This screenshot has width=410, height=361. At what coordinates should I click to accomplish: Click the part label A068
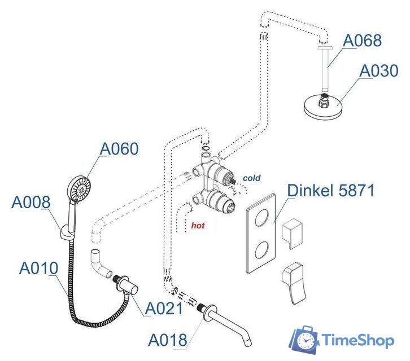point(362,41)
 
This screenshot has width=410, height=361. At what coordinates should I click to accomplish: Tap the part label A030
point(379,71)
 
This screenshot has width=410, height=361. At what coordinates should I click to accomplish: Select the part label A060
point(119,149)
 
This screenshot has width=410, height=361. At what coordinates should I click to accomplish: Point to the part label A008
point(31,202)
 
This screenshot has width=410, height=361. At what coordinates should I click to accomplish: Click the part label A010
point(39,268)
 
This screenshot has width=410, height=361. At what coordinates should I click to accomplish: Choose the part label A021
point(164,309)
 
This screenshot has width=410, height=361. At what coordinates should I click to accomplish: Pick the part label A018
point(168,340)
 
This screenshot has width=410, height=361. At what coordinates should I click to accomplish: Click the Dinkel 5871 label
point(331,191)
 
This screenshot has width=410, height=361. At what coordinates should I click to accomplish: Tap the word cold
point(251,178)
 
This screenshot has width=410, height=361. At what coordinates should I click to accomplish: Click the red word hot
point(198,226)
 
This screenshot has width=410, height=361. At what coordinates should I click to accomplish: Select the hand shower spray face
point(80,189)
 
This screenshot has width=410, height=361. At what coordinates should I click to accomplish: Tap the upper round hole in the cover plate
point(261,218)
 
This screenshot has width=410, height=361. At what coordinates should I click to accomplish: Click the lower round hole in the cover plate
point(261,250)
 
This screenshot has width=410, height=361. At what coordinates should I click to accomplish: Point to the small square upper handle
point(293,234)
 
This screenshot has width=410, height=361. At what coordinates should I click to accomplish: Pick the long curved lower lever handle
point(294,283)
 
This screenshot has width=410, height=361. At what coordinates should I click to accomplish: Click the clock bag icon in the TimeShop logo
point(304,340)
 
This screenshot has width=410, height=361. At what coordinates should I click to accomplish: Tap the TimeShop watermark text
point(357,340)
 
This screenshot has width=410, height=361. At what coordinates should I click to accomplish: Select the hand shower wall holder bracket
point(66,231)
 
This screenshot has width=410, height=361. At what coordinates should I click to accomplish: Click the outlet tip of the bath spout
point(248,344)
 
